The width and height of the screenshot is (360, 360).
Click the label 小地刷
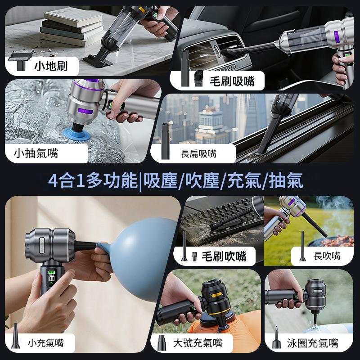(x=51, y=66)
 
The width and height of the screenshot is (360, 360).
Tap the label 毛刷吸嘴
(x=232, y=81)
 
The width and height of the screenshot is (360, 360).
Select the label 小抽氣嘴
(x=36, y=153)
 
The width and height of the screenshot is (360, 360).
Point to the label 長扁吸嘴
(x=198, y=153)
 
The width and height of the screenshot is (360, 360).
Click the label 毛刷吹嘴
(x=224, y=256)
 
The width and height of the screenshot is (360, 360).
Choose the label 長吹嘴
(x=327, y=256)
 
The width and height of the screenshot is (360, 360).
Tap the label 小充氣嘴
(x=46, y=343)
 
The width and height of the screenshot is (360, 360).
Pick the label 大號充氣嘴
(x=198, y=343)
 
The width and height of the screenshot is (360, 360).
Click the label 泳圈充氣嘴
(x=312, y=343)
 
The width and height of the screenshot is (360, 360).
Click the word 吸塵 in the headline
(x=161, y=180)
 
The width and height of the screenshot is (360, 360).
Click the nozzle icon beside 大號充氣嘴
(x=162, y=342)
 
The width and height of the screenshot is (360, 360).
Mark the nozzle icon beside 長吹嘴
(x=302, y=246)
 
